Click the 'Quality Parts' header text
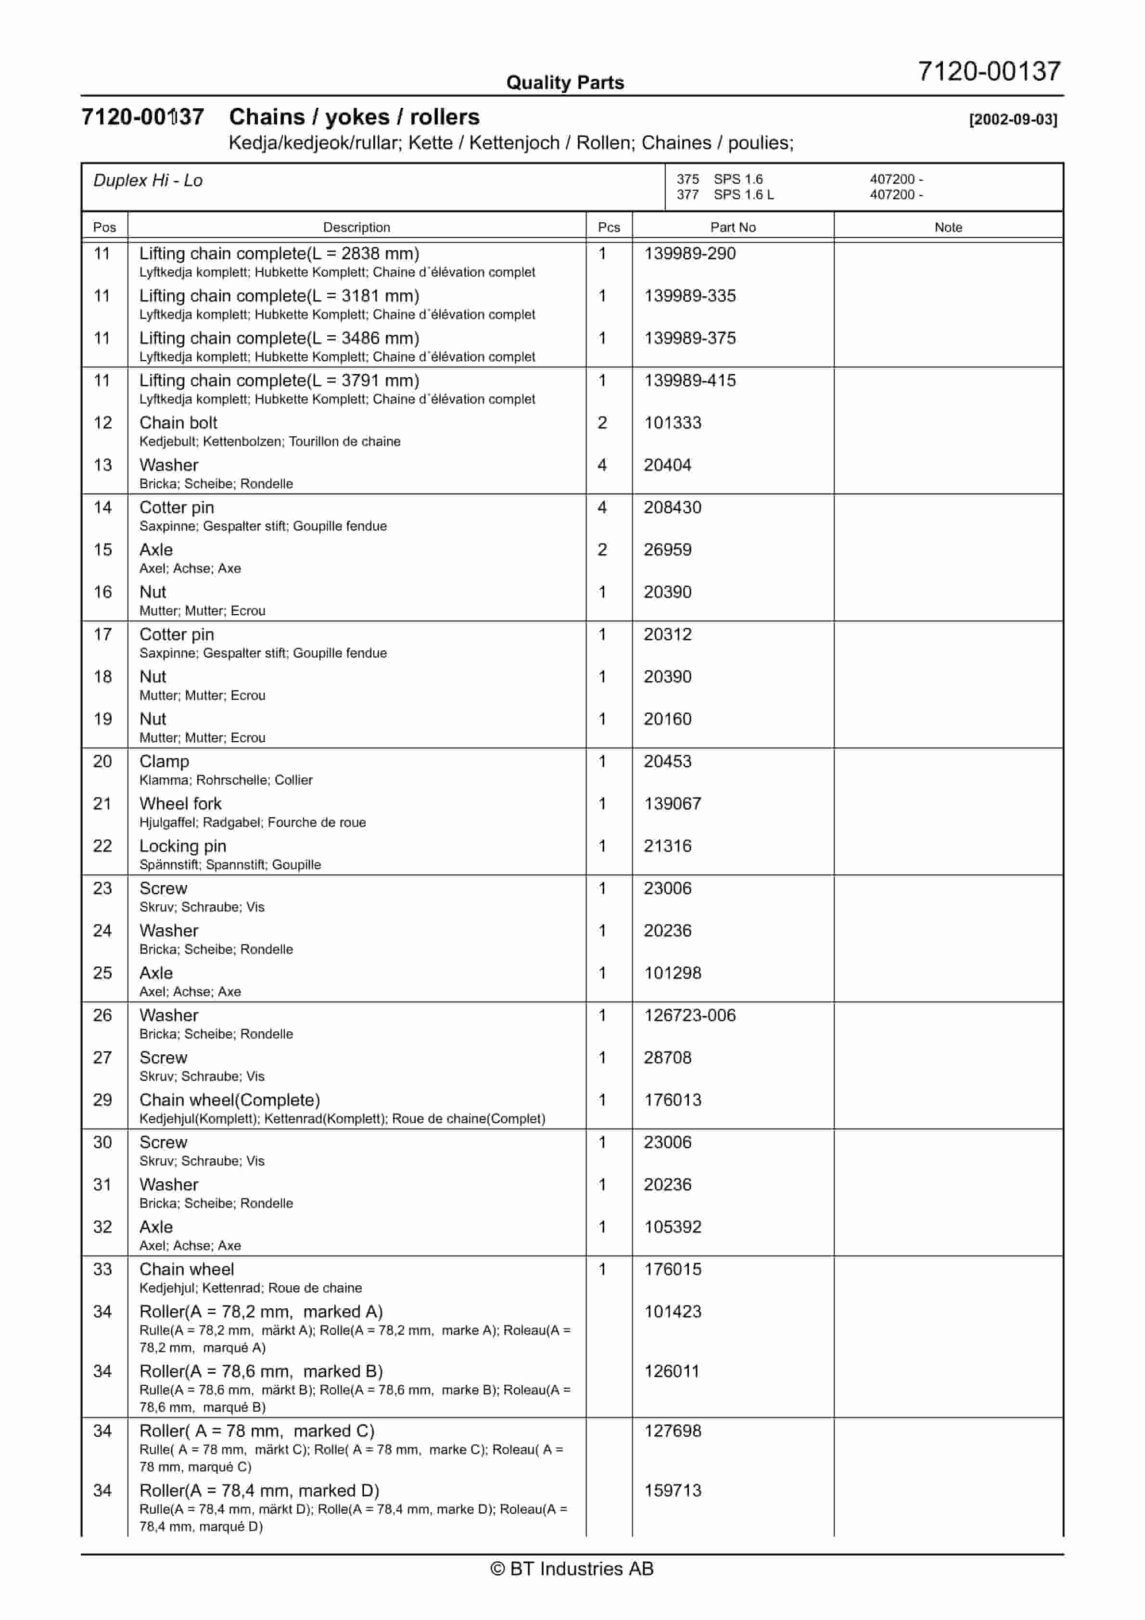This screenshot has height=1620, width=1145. point(565,83)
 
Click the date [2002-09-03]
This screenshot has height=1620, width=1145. point(1012,119)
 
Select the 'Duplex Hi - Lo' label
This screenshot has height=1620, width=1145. point(148,181)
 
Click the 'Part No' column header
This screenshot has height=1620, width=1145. point(733,227)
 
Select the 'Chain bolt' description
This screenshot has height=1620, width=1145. point(178,423)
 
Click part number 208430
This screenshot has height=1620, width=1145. point(672,507)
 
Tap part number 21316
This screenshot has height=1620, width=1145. point(667,846)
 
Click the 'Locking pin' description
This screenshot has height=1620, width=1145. point(183,846)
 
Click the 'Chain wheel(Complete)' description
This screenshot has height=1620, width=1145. point(229,1100)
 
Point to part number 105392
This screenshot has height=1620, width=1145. point(672,1227)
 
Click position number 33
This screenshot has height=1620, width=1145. point(102,1269)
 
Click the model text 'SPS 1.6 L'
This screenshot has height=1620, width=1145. point(743,195)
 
